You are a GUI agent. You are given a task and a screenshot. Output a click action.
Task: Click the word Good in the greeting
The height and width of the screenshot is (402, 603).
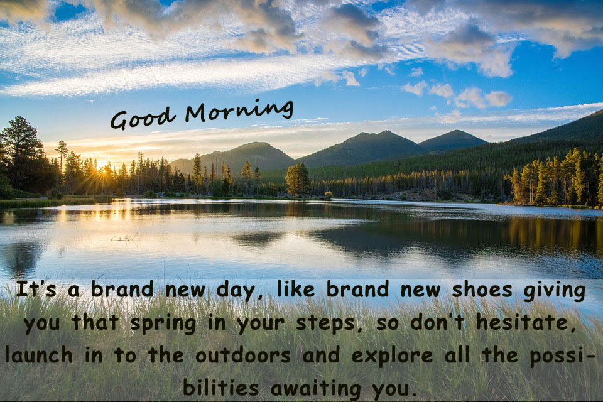(x=141, y=119)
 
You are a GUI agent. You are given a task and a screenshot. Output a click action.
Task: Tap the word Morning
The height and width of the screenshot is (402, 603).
(x=239, y=110)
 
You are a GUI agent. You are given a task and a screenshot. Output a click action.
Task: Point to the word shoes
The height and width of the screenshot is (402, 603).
(x=482, y=290)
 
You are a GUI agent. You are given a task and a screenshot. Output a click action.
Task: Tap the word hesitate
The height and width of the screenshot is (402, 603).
(x=526, y=322)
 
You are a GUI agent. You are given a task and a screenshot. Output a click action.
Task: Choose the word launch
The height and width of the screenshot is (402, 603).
(x=39, y=354)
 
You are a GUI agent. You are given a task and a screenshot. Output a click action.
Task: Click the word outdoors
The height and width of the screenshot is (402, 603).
(x=243, y=354)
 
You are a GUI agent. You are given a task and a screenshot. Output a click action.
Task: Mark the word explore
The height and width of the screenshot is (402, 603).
(x=392, y=356)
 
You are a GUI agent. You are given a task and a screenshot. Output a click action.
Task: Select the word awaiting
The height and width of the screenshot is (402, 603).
(x=316, y=389)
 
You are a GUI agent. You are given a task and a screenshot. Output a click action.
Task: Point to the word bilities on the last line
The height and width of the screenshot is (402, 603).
(x=220, y=387)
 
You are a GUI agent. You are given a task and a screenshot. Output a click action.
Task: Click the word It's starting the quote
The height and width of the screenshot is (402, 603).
(x=36, y=290)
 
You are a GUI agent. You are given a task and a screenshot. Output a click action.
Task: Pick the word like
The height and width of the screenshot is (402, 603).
(x=296, y=290)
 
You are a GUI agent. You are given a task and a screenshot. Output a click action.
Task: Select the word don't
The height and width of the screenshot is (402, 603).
(x=437, y=322)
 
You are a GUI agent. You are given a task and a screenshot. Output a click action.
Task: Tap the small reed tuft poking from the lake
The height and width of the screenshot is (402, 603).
(x=124, y=239)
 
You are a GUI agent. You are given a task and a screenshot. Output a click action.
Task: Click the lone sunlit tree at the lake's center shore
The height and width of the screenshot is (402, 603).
(x=298, y=179)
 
